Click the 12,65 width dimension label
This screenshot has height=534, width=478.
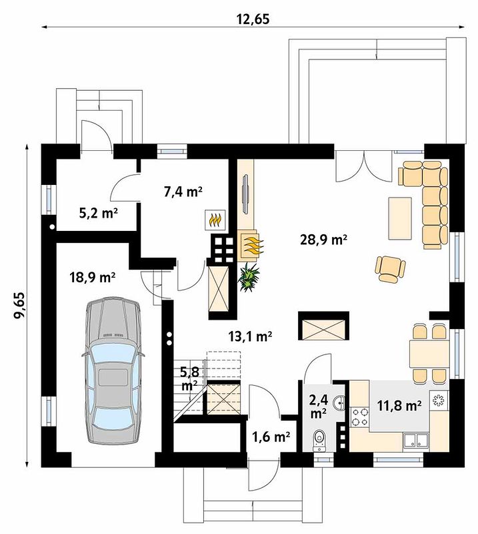point(253,19)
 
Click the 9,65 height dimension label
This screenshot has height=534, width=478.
point(19,305)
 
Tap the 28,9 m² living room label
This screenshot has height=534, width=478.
point(323,240)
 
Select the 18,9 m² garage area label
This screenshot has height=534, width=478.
point(92,277)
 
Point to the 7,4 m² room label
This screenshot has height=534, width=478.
point(183,192)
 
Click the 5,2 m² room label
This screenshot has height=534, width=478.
point(98,214)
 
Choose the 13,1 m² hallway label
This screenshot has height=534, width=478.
point(250,336)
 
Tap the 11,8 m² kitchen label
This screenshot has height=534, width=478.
point(399,405)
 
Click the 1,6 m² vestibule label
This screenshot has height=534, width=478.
point(271,437)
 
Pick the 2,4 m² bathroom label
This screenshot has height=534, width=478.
point(318,407)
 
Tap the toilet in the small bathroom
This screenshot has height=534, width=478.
point(319,440)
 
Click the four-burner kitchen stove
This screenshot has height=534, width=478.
point(359,417)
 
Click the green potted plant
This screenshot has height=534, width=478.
point(249,277)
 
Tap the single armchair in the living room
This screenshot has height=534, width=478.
point(391,269)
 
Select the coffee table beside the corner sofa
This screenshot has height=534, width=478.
point(400,218)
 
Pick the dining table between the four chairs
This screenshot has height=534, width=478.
point(430,354)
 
